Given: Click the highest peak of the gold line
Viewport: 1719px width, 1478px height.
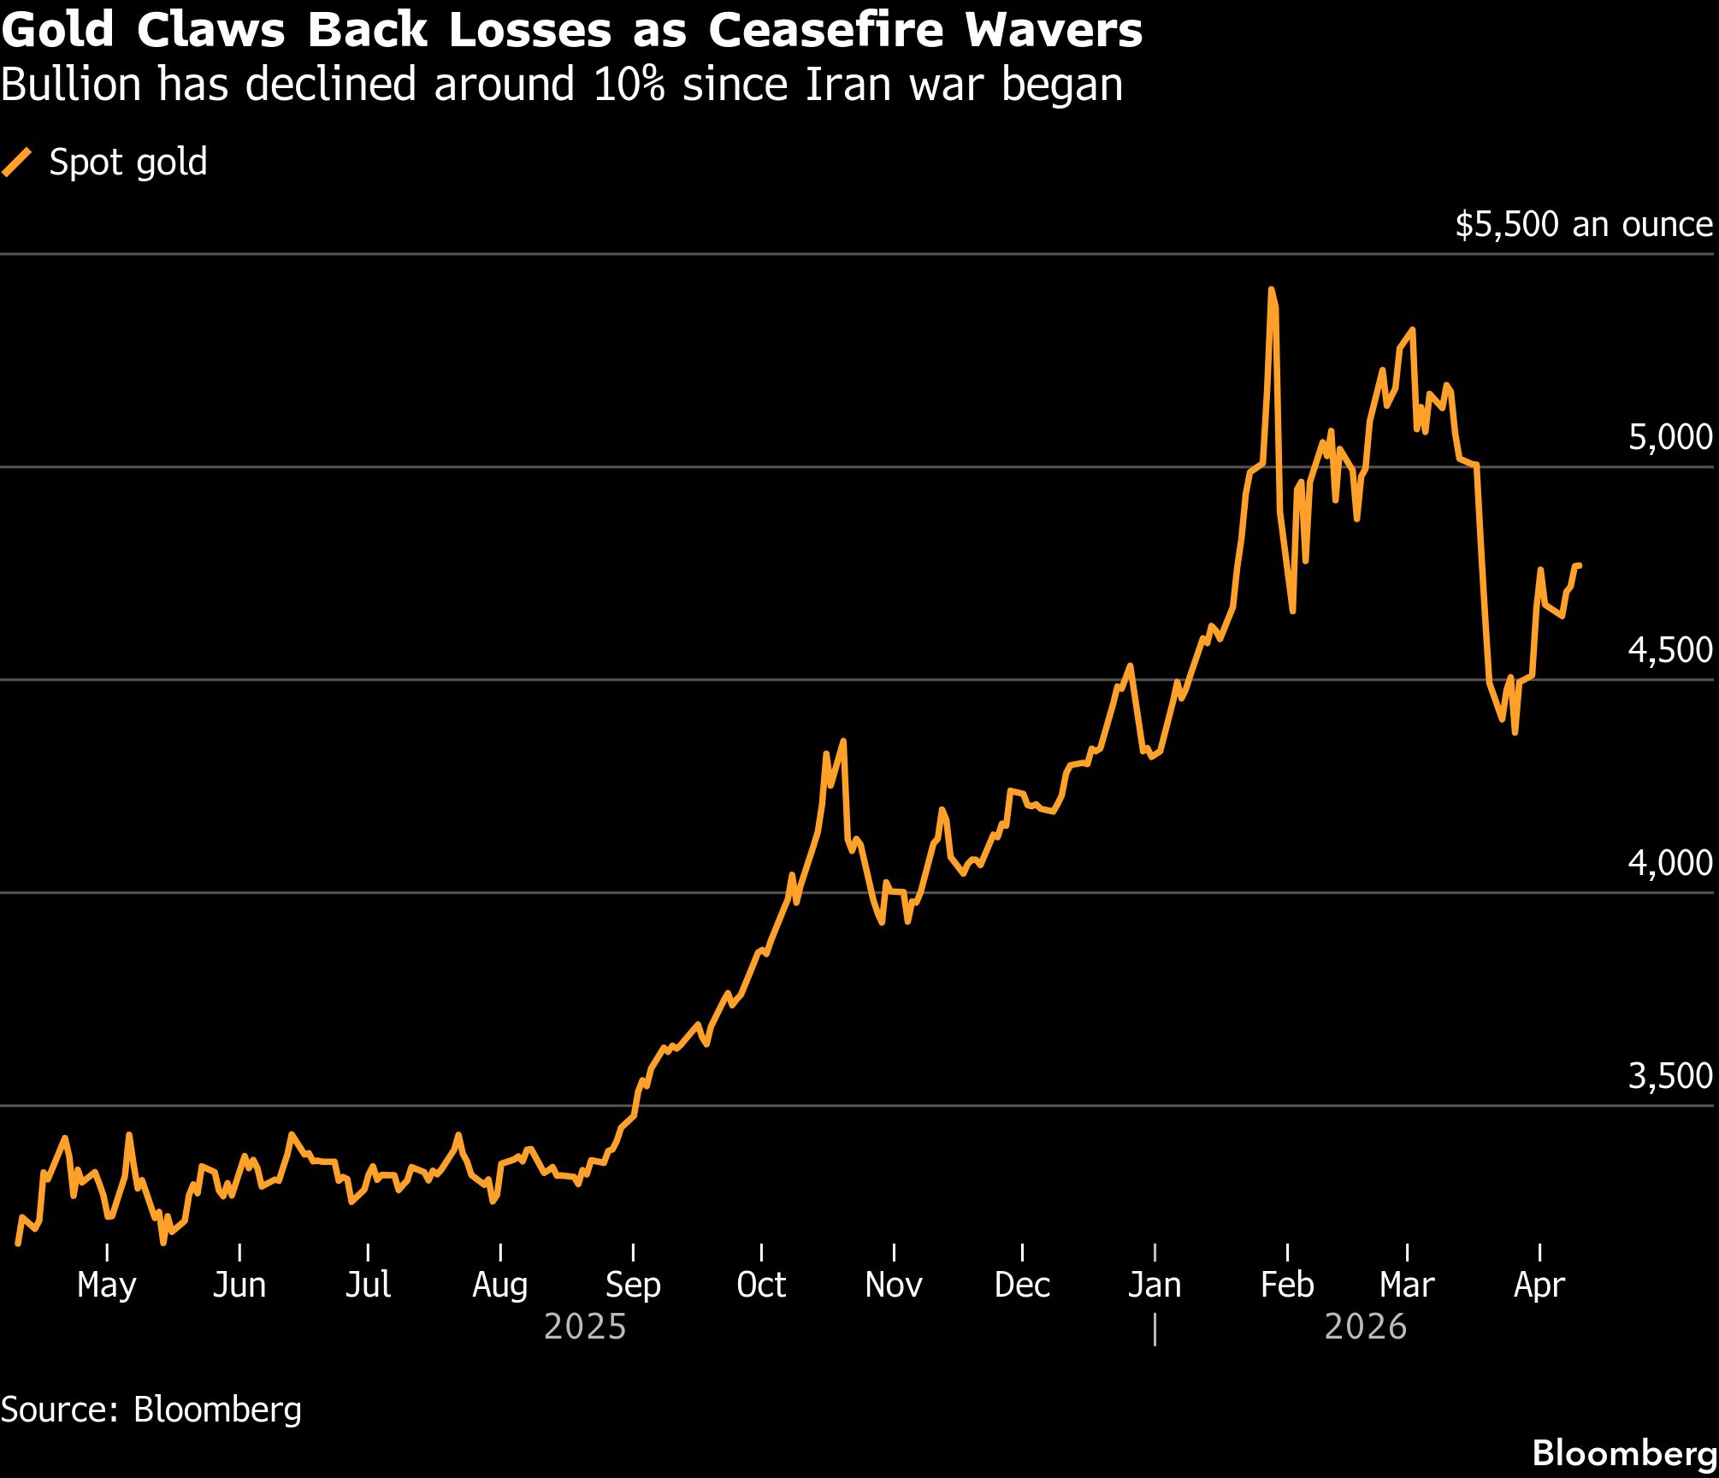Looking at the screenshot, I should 1271,290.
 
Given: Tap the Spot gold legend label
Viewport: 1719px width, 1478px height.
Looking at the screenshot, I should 128,163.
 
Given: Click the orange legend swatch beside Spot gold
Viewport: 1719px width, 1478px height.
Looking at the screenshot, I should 17,163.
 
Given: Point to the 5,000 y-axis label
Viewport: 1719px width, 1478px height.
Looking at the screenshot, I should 1669,437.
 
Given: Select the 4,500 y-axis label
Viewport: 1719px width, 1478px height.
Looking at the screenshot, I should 1669,650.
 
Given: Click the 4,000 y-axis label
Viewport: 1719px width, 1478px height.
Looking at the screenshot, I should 1669,863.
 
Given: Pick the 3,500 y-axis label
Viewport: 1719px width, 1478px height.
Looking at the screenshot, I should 1669,1076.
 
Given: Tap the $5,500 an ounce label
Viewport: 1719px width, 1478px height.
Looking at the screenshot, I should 1583,224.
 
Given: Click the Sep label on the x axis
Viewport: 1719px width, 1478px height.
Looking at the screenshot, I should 633,1285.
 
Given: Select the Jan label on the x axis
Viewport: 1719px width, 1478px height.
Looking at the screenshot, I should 1155,1285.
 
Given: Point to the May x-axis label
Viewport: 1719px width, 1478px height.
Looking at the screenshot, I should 106,1285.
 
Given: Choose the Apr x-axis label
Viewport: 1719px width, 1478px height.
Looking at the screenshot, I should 1539,1285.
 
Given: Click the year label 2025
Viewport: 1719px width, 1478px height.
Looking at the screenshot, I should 585,1327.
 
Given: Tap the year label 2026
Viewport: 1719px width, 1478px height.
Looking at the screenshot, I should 1365,1327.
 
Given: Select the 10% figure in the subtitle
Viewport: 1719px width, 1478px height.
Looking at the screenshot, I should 629,85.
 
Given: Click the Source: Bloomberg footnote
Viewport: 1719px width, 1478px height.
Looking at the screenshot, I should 151,1410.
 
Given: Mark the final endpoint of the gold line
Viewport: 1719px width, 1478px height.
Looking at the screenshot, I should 1579,565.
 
